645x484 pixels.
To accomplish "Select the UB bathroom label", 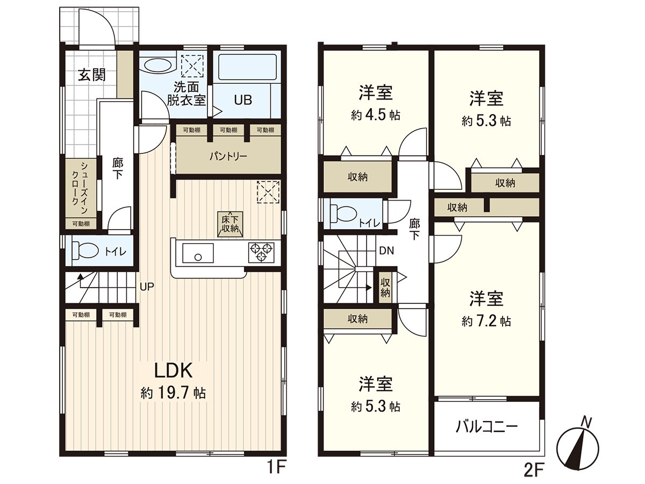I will click(242, 100).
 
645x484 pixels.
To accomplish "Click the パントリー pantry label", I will click(228, 157).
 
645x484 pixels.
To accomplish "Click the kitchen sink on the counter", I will click(198, 252).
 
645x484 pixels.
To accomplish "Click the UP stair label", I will click(147, 287).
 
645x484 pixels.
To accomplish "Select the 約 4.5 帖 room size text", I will click(375, 116).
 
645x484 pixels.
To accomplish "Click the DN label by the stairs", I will click(386, 250).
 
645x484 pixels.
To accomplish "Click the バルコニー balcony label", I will click(486, 428).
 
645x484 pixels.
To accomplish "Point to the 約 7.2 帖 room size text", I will click(486, 322).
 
